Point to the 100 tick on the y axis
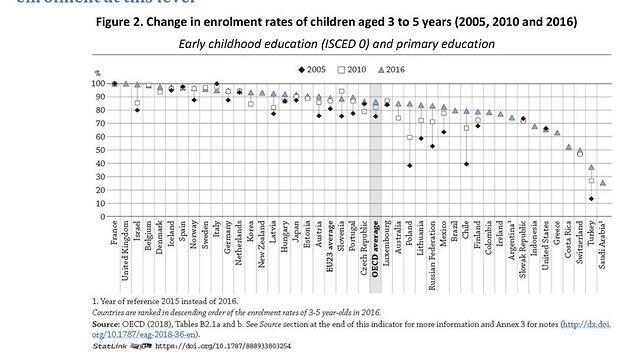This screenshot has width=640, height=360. click(x=98, y=84)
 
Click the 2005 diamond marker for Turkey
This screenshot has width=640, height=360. click(x=590, y=199)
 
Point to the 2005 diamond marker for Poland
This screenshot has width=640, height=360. click(x=409, y=166)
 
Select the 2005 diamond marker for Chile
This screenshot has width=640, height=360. click(x=466, y=164)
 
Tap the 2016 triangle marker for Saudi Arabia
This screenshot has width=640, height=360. click(x=602, y=182)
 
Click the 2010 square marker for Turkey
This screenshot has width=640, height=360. click(x=590, y=181)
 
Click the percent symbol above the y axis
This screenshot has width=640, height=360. click(x=97, y=74)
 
